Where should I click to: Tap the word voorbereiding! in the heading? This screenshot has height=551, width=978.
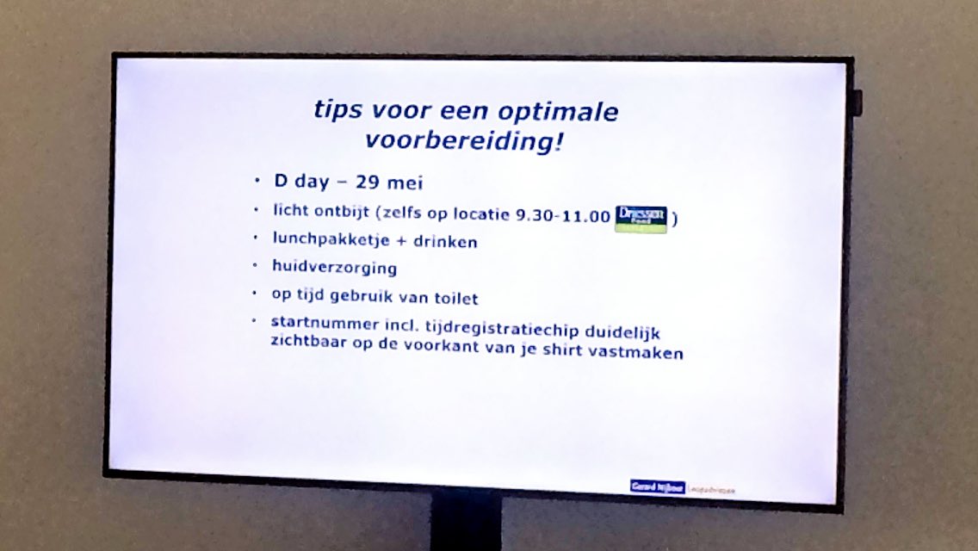[465, 140]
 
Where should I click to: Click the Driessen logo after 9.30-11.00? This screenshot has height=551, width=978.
[641, 219]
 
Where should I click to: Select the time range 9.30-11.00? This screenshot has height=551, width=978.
[562, 215]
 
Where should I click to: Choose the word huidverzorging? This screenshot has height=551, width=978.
[334, 268]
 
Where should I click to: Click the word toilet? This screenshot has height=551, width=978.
[452, 298]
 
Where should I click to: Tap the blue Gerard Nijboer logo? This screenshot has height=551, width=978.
[658, 486]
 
